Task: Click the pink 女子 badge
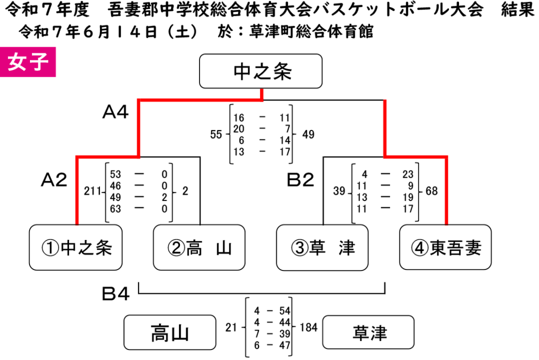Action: [x=28, y=62]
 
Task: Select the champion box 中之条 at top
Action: [x=261, y=71]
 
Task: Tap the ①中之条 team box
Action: [x=76, y=247]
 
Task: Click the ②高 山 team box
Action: [x=199, y=247]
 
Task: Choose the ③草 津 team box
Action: [x=323, y=247]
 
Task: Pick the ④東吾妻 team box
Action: [x=445, y=247]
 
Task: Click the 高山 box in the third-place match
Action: [x=170, y=333]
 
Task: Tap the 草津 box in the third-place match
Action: [x=368, y=333]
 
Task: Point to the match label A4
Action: [x=115, y=112]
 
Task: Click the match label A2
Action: [x=54, y=180]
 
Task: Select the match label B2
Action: [x=301, y=180]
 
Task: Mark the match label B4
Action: [x=115, y=294]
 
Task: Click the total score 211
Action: [x=93, y=191]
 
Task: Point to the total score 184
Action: [x=308, y=327]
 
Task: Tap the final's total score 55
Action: [x=216, y=134]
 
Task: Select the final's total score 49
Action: [x=308, y=134]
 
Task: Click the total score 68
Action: [x=432, y=191]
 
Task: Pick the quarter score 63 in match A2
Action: [x=115, y=209]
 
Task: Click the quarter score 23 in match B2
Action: [x=408, y=174]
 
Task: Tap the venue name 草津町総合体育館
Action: [x=311, y=32]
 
